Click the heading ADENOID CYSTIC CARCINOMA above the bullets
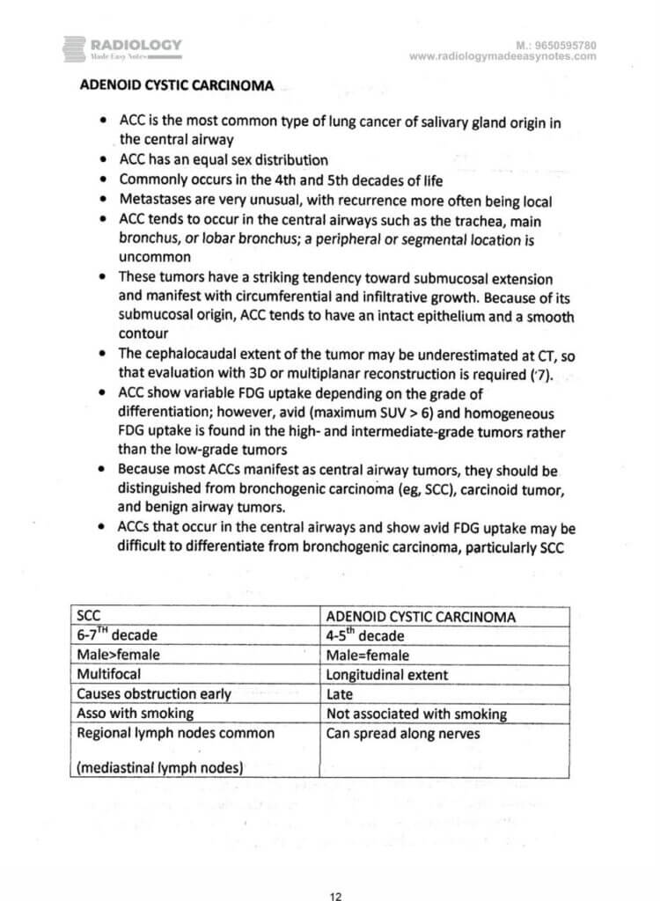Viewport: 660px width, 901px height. point(177,86)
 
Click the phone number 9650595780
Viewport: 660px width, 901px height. point(564,44)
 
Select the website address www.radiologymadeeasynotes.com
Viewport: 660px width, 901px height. point(502,56)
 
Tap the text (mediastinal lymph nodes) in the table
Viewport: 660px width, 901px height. point(159,767)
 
